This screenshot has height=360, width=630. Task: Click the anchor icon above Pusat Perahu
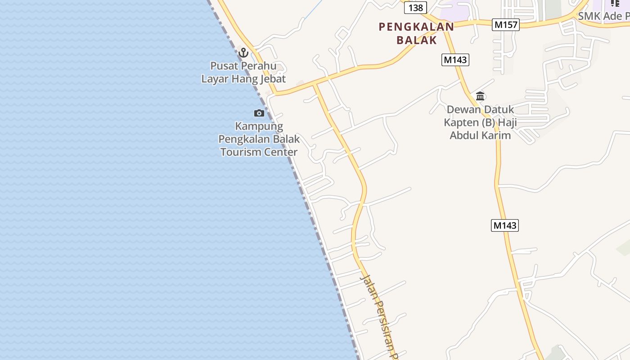point(243,53)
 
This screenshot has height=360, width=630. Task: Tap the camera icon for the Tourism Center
point(259,113)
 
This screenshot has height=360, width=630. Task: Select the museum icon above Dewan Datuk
point(480,96)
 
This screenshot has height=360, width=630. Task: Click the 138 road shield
point(415,8)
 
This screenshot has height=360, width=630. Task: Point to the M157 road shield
point(506,25)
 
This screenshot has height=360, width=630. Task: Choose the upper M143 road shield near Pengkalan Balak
point(455,60)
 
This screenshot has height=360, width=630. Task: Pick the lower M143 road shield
point(504,225)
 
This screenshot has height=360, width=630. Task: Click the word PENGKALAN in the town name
point(416,27)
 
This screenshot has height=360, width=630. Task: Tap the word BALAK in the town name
point(417,40)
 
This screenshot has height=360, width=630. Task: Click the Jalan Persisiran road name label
point(380,315)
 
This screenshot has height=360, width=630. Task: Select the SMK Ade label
point(603,16)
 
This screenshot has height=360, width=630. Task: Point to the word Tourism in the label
point(241,152)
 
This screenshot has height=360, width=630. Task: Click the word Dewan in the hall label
point(463,109)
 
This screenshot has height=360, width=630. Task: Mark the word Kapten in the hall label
point(462,122)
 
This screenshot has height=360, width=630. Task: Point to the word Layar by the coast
point(215,79)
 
